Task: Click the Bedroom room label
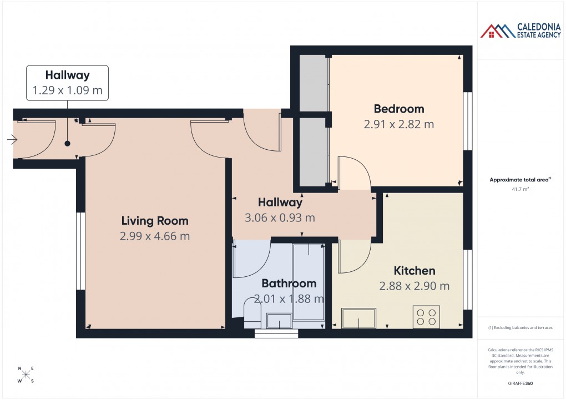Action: (x=398, y=109)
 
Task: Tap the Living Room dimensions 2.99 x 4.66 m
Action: (x=155, y=236)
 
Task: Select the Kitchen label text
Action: (x=414, y=271)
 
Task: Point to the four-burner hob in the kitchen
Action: (x=426, y=317)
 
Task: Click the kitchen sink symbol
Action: (x=358, y=318)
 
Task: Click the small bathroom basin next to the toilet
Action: (x=279, y=320)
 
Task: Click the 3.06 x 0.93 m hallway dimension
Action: (x=280, y=217)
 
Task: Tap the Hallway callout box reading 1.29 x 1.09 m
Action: (x=67, y=83)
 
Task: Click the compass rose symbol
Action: (x=26, y=375)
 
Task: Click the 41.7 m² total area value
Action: (x=520, y=189)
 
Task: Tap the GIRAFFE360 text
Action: (x=520, y=383)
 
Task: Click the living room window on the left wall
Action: (x=81, y=251)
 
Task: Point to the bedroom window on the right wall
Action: (x=467, y=120)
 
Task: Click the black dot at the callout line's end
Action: (x=67, y=144)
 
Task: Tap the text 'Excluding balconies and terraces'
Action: (x=520, y=327)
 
